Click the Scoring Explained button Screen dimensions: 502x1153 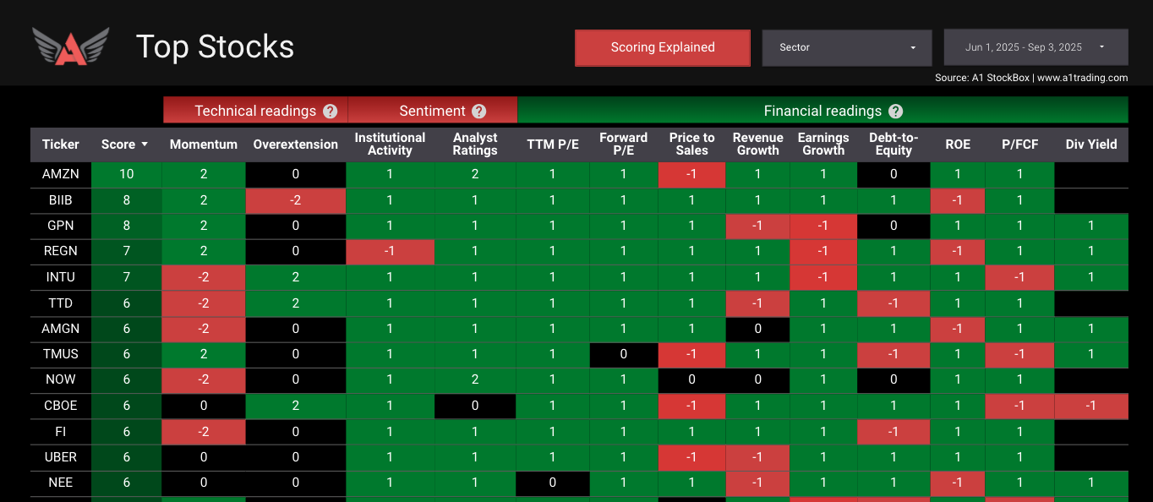663,47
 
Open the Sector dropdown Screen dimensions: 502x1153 846,47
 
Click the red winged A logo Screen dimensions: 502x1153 71,46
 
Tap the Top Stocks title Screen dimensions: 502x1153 215,47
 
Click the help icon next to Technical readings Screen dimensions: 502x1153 330,111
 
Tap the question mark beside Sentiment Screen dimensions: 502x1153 479,111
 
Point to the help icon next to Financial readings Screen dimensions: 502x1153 896,111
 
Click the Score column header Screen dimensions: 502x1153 124,145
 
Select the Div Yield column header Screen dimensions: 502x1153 1091,145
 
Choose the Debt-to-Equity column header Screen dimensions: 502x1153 893,145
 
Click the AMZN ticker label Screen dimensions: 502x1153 60,174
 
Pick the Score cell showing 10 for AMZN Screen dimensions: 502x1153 126,174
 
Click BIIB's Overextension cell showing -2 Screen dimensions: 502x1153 296,200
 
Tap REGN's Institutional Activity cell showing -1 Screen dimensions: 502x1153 390,252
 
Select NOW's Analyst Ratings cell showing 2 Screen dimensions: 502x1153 475,379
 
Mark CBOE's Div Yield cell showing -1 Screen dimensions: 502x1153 1091,406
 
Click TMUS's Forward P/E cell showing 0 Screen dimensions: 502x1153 624,354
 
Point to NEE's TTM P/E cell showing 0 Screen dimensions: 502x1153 553,483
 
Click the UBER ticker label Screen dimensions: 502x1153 60,457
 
